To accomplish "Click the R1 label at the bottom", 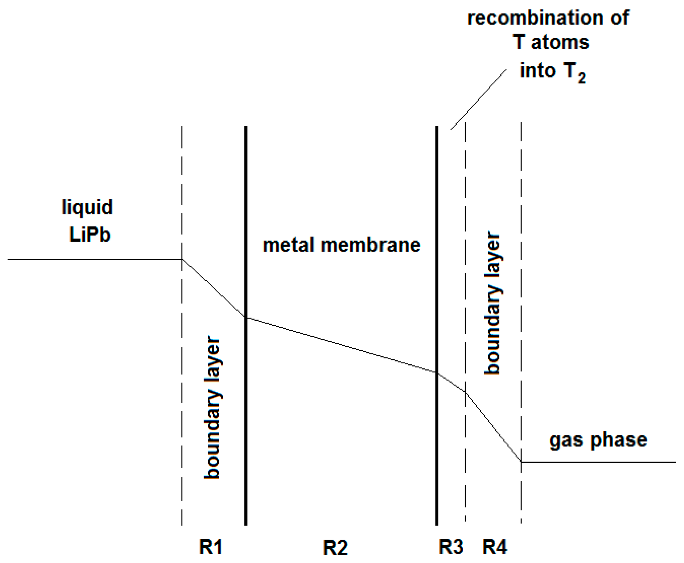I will click(210, 546).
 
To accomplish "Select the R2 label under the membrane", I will click(335, 548).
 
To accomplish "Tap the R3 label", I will click(450, 546).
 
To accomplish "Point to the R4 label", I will click(495, 546).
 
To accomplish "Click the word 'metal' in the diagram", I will click(288, 245).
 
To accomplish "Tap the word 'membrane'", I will click(370, 245).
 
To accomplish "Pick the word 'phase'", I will click(618, 440).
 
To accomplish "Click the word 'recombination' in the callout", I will click(535, 18).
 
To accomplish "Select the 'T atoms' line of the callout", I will click(551, 42).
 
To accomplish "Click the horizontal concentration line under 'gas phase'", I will click(600, 462).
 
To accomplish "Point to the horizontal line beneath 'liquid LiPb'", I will click(94, 259).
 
